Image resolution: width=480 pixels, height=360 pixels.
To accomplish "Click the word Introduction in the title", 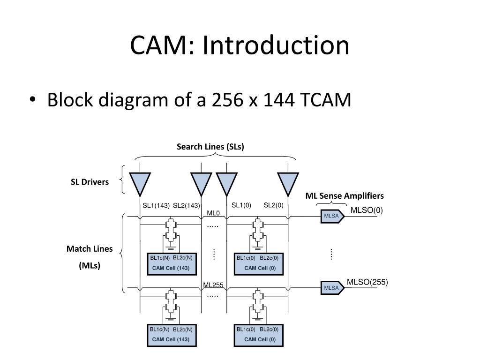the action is (x=276, y=45).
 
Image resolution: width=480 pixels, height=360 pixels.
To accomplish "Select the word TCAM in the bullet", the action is (x=326, y=100).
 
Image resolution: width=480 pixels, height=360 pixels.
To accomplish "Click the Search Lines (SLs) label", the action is (x=210, y=147).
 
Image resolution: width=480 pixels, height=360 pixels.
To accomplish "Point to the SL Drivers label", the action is (x=90, y=182).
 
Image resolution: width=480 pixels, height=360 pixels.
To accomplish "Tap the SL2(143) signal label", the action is (x=187, y=205).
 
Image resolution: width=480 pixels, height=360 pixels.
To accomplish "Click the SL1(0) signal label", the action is (x=241, y=205).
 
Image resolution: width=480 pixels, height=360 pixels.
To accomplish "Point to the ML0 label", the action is (x=213, y=213).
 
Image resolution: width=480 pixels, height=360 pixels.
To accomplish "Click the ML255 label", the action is (x=213, y=285).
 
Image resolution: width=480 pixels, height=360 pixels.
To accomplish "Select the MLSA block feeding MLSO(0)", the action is (x=332, y=216).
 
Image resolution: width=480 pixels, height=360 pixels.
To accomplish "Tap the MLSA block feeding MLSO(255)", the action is (x=332, y=288).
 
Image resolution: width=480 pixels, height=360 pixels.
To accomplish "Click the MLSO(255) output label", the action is (x=367, y=282).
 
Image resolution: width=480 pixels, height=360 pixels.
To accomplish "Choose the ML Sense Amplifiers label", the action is (x=345, y=196).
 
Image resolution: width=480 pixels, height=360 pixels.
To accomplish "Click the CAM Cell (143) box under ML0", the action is (x=172, y=264).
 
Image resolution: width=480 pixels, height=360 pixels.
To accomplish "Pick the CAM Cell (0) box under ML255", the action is (x=259, y=336).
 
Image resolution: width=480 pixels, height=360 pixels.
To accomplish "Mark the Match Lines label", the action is (x=90, y=248).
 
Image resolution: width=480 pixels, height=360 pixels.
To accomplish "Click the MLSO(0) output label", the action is (x=367, y=210).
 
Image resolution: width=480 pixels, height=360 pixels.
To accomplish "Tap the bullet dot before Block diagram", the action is (x=33, y=100).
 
